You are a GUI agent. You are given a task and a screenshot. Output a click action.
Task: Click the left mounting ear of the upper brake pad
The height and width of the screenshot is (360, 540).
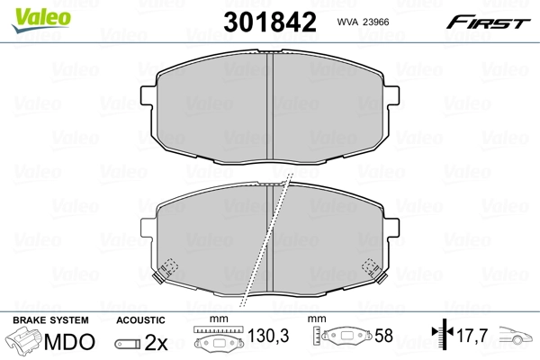coord(149,92)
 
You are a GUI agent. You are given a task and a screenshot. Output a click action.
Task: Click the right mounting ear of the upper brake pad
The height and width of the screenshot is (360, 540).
coord(391,92)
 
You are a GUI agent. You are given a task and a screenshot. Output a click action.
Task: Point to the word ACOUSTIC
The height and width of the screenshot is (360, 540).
coord(141,320)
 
